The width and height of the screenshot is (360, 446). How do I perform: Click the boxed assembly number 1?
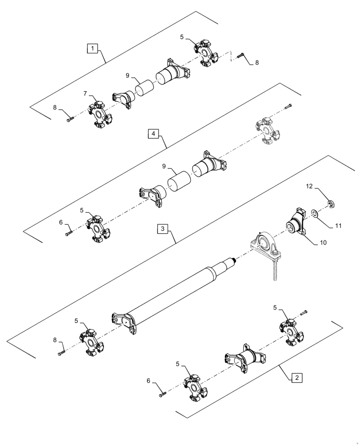click(x=92, y=49)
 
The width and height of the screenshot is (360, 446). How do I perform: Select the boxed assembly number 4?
click(x=153, y=133)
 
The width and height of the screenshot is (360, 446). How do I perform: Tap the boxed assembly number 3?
click(x=163, y=229)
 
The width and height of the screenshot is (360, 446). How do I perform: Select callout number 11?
click(x=339, y=226)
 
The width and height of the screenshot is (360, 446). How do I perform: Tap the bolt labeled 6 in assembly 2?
click(x=162, y=394)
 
